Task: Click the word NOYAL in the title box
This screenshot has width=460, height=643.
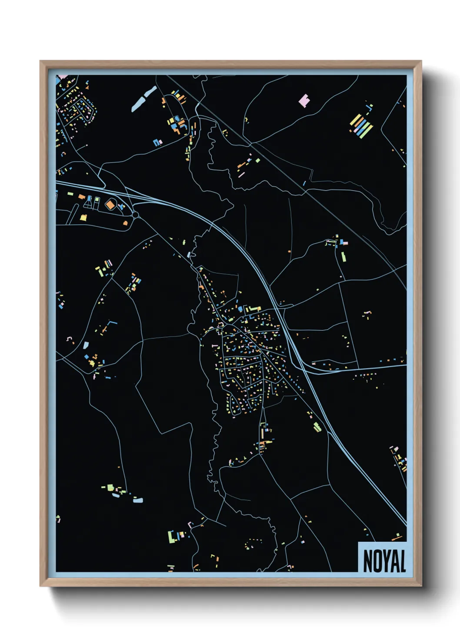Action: click(x=384, y=561)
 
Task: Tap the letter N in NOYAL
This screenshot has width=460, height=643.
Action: click(x=367, y=561)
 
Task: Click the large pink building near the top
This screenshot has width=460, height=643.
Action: click(x=304, y=101)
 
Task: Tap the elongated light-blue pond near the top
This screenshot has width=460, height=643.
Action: click(x=144, y=99)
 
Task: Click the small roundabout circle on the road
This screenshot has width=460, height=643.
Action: click(x=136, y=215)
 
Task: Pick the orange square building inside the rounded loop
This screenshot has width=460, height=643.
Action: click(x=110, y=204)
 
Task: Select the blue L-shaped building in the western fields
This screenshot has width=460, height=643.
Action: click(x=112, y=323)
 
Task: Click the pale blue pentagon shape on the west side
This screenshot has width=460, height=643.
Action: click(x=86, y=346)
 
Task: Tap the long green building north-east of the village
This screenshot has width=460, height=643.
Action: click(x=343, y=256)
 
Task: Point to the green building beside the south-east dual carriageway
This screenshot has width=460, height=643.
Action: click(x=317, y=427)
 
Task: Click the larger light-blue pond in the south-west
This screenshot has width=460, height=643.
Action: click(x=137, y=500)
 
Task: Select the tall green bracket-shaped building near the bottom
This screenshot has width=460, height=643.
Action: click(x=171, y=537)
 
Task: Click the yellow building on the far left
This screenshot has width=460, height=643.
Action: click(x=83, y=217)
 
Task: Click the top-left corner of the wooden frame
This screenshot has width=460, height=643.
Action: click(x=40, y=61)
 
